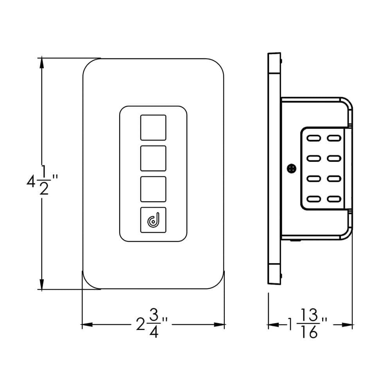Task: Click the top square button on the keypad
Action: [x=153, y=127]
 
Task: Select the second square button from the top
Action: [x=153, y=158]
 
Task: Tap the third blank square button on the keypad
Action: [x=153, y=189]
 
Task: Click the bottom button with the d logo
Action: [x=153, y=220]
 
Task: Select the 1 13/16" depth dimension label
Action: [x=307, y=324]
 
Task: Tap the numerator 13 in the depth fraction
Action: [x=310, y=316]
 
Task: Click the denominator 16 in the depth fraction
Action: [x=310, y=334]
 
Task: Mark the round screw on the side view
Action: [x=291, y=169]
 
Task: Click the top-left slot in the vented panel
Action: [x=314, y=138]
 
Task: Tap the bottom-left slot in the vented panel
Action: [x=314, y=199]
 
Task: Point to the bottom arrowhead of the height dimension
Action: [x=41, y=285]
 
